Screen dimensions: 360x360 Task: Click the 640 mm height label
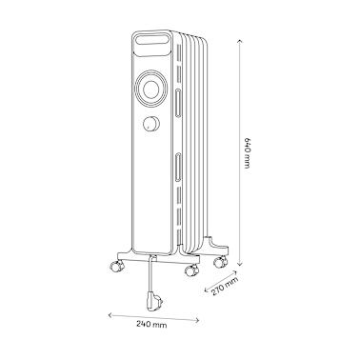pyautogui.click(x=248, y=152)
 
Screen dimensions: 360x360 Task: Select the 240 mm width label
pyautogui.click(x=151, y=325)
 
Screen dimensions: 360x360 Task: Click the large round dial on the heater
pyautogui.click(x=150, y=89)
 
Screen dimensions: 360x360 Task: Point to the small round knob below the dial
pyautogui.click(x=151, y=124)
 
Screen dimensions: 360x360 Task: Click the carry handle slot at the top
pyautogui.click(x=151, y=40)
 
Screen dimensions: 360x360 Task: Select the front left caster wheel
pyautogui.click(x=116, y=266)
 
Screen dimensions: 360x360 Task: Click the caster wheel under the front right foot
pyautogui.click(x=190, y=270)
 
